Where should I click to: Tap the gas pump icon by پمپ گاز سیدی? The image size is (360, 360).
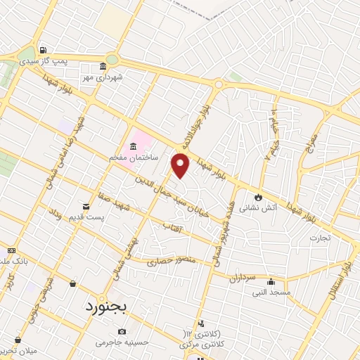tap(43, 51)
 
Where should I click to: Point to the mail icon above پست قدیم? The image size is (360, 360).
tap(86, 207)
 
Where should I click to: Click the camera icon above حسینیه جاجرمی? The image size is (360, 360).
tap(123, 331)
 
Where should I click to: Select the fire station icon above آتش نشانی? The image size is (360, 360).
tap(259, 196)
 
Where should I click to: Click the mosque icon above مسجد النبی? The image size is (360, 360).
tap(271, 281)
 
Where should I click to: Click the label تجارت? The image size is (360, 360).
tap(325, 238)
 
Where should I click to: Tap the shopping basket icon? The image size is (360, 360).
tap(73, 283)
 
